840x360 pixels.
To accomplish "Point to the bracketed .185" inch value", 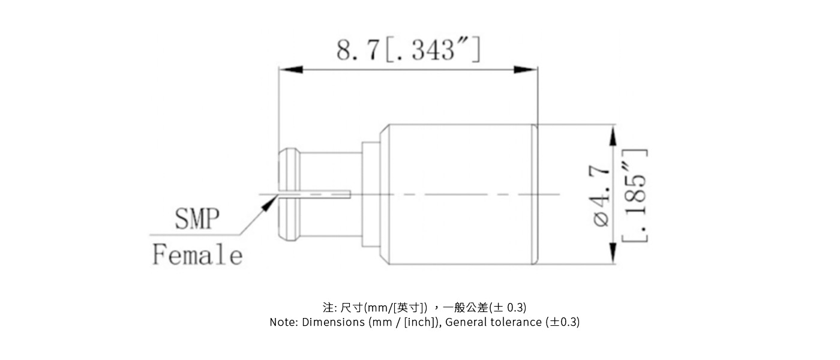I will point(635,196).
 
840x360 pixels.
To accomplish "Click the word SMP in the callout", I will point(197,220).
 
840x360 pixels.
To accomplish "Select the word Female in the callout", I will point(197,255).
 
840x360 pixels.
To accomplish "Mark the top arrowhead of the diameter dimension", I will point(613,136).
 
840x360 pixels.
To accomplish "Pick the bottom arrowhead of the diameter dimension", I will point(613,253).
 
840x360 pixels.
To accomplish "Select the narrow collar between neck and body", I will point(370,195).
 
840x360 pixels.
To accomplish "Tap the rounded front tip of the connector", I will point(289,195).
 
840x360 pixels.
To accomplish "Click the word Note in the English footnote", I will point(283,322).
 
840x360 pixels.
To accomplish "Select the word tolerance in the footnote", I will point(516,322).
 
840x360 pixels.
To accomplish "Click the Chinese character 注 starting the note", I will point(328,308).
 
